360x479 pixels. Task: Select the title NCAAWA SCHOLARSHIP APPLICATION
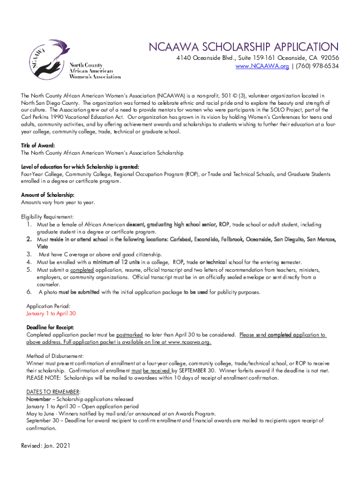243,47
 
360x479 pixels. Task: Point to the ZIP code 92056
329,58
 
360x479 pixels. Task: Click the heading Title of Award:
38,145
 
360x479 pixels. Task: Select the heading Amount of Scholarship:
48,195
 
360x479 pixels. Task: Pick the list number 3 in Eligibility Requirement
29,254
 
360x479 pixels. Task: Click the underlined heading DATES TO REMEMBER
53,392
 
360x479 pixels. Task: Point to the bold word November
39,399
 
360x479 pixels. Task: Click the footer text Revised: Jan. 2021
45,446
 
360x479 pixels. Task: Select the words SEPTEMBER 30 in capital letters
196,370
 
